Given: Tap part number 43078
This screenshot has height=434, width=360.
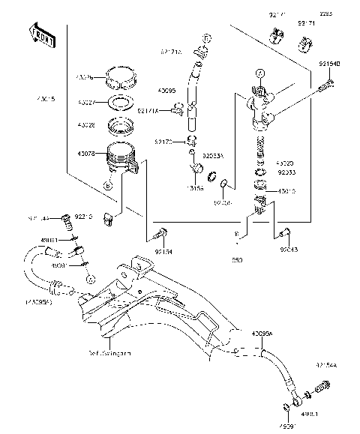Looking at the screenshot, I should tap(85, 154).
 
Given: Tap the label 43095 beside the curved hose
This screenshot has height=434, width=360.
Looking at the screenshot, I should tap(166, 91).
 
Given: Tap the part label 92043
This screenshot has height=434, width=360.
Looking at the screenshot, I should tap(290, 251).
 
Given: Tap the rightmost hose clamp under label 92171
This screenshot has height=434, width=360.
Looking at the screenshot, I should tap(307, 44).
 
